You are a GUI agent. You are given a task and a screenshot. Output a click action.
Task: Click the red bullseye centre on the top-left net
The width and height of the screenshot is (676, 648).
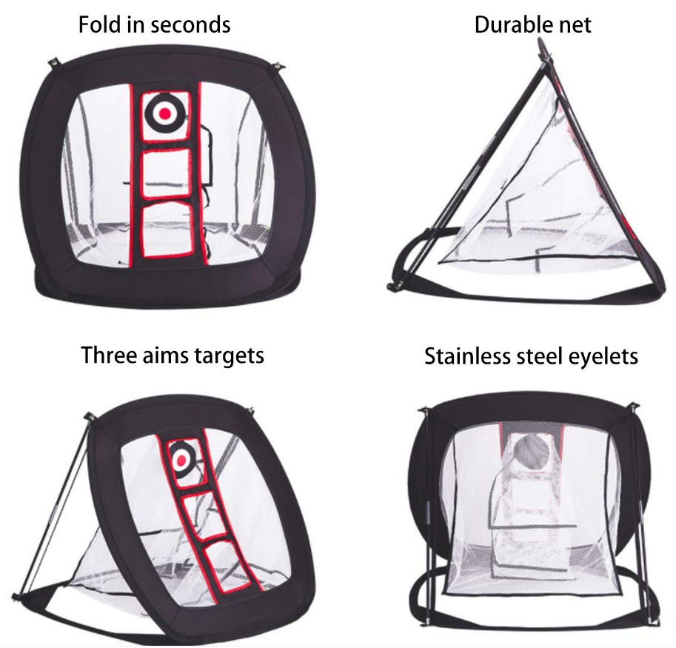pyautogui.click(x=166, y=113)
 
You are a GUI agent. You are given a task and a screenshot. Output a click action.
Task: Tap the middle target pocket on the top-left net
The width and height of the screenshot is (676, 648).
pyautogui.click(x=167, y=173)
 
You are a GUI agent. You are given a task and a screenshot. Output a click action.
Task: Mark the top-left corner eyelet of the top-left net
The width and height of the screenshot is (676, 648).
pyautogui.click(x=55, y=63)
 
